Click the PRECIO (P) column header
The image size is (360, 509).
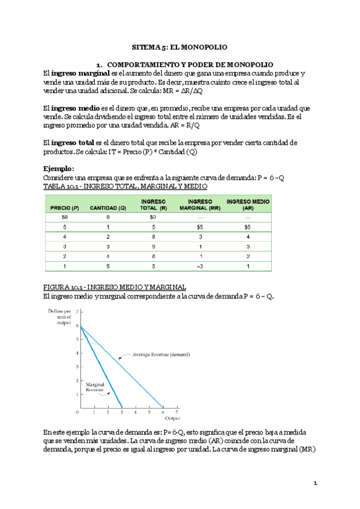65,208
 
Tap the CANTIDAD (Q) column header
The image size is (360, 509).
108,208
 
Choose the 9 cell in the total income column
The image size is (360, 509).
154,247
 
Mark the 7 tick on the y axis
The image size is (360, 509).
77,312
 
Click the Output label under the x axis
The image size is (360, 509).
173,418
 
